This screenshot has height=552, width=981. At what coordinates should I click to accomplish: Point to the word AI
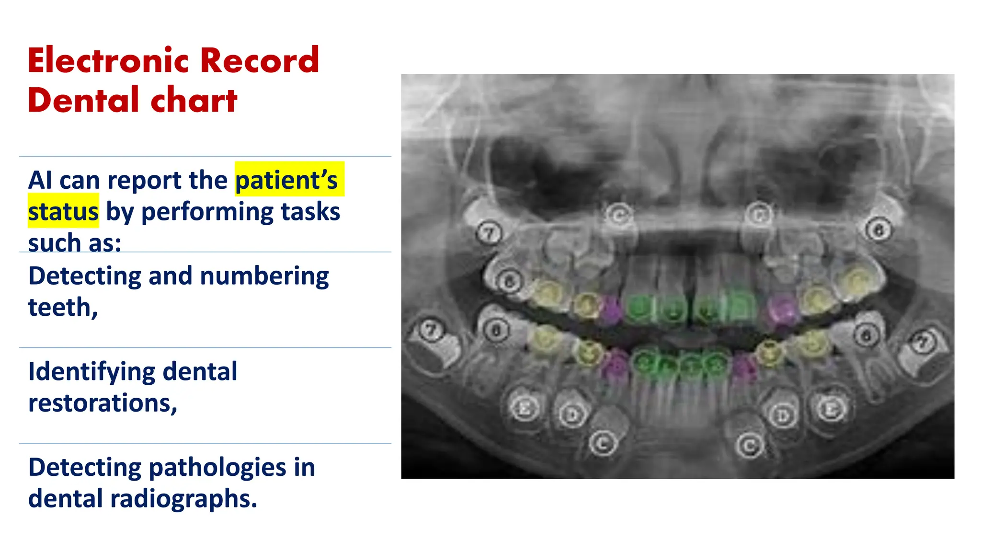coord(40,181)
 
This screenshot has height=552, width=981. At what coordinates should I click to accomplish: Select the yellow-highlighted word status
coord(63,212)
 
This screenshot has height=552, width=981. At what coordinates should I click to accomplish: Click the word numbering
coord(264,276)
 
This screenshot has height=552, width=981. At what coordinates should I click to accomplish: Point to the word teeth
coord(62,308)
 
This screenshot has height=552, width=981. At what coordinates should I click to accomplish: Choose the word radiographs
coord(183,499)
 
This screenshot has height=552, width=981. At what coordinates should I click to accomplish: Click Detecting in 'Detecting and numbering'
coord(84,276)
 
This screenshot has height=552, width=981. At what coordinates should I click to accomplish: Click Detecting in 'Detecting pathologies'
coord(84,468)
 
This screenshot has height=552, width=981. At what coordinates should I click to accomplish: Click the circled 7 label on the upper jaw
coord(489,234)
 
